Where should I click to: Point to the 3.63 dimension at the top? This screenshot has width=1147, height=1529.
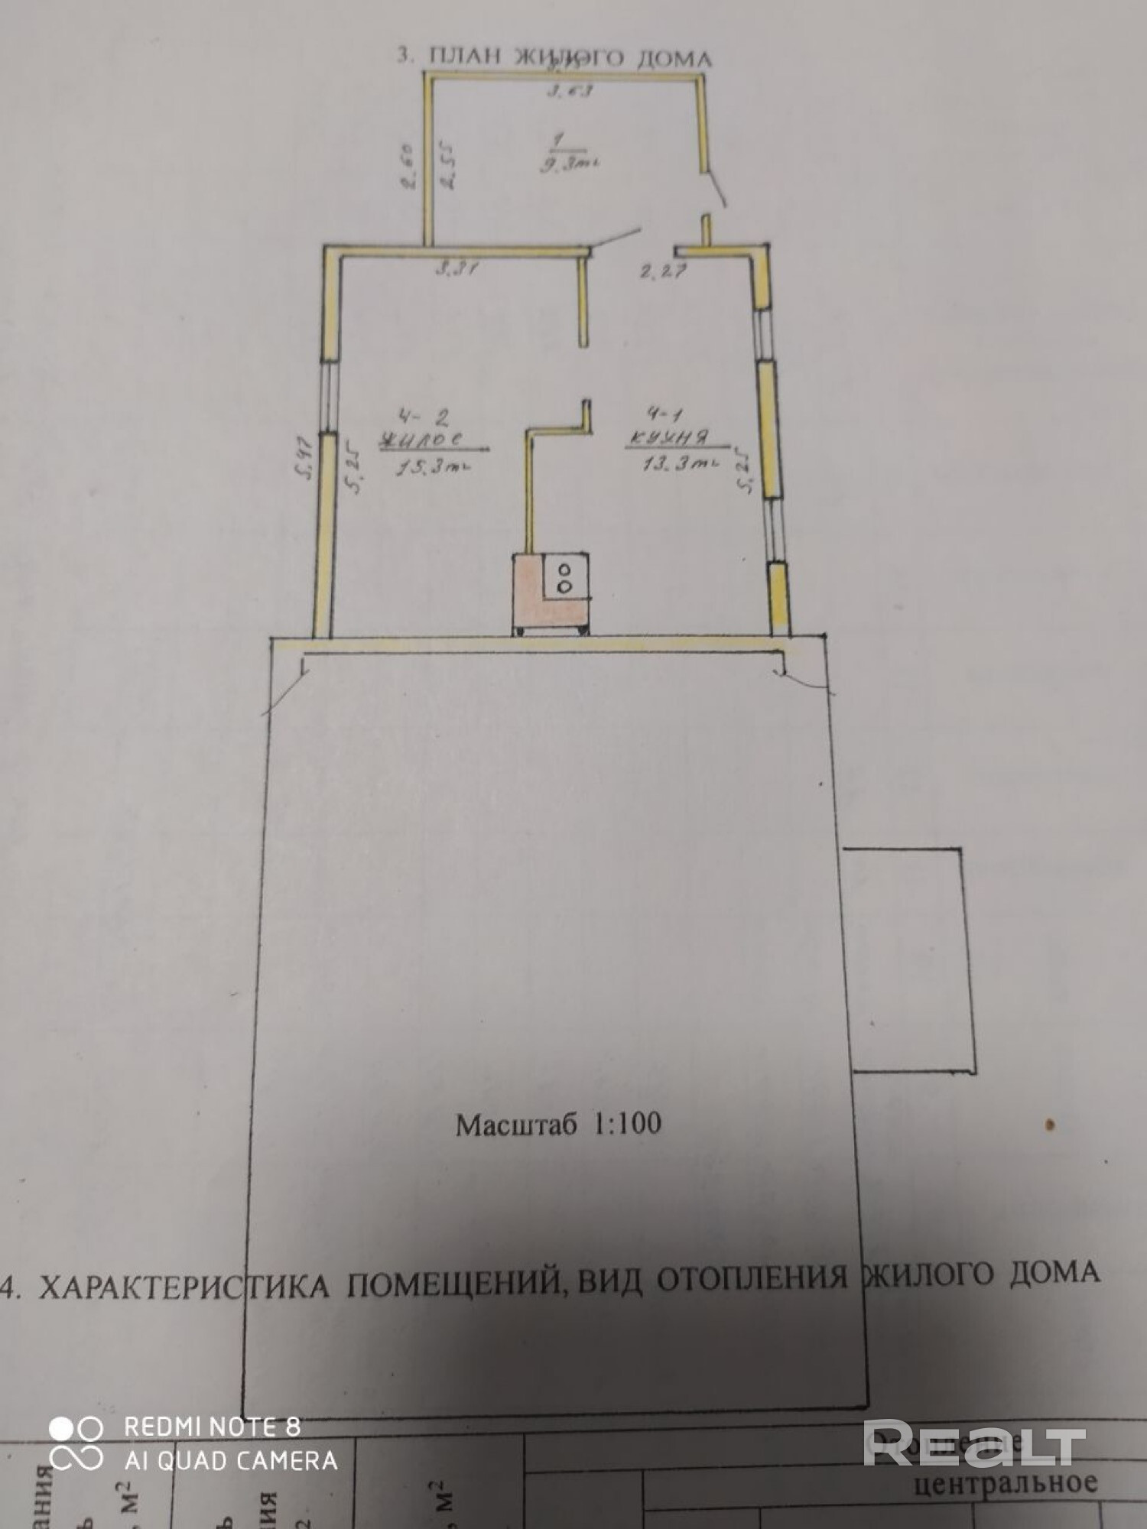click(570, 91)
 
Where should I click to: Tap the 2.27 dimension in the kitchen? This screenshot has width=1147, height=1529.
click(664, 270)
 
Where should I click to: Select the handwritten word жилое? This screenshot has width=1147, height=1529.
click(423, 440)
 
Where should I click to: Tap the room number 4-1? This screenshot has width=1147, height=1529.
click(665, 414)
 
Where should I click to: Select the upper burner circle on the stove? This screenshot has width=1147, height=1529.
click(565, 570)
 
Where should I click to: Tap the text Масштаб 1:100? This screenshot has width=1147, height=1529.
click(558, 1123)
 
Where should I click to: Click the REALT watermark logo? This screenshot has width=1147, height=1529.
click(974, 1443)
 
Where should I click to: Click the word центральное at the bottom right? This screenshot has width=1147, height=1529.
click(1006, 1482)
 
